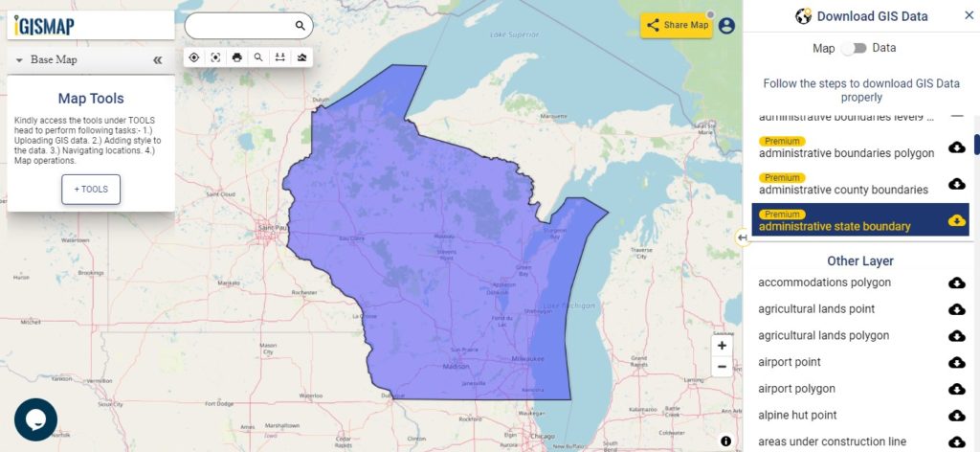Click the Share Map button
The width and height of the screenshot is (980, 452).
[x=677, y=25]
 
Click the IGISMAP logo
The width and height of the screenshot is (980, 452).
[x=46, y=26]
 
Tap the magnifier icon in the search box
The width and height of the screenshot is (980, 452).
[x=301, y=26]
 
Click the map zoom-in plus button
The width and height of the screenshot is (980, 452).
[x=722, y=346]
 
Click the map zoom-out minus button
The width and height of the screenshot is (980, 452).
[x=722, y=367]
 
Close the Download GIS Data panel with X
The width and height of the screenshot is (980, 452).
[x=969, y=15]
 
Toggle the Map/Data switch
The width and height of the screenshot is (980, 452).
[x=854, y=48]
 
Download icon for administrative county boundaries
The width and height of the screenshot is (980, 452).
[x=956, y=184]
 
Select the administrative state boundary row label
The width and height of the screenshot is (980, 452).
[x=835, y=227]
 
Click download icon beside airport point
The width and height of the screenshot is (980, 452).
[x=956, y=362]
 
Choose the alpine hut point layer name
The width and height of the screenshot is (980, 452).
[x=797, y=415]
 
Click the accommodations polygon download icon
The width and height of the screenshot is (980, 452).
[x=956, y=282]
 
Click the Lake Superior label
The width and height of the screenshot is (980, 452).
[x=514, y=34]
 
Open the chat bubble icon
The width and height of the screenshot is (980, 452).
[x=35, y=419]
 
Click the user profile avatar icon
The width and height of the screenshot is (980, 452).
[x=726, y=26]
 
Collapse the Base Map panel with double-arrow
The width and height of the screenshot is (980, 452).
[x=158, y=59]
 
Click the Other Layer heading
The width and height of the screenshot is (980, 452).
[x=860, y=260]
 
